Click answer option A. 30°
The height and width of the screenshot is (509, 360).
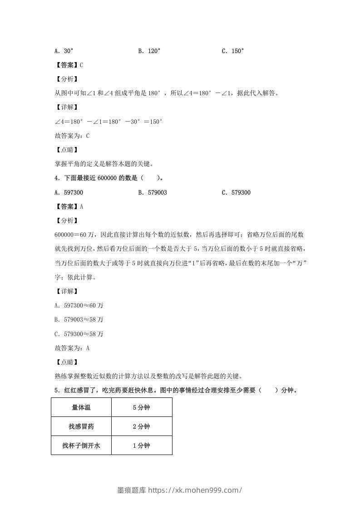pos(64,51)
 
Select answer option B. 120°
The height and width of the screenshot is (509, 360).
pos(149,51)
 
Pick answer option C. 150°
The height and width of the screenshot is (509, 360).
pos(233,51)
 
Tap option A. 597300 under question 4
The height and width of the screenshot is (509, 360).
pos(69,192)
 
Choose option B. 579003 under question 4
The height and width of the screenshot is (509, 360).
pos(153,192)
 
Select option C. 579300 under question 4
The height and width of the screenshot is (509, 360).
pos(236,192)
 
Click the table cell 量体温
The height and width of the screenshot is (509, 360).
pos(81,407)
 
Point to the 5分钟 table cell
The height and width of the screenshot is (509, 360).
pos(142,407)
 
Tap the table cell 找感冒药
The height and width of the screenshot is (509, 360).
pos(81,426)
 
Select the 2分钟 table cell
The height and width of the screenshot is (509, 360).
pos(142,426)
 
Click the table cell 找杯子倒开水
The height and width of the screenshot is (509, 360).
pos(81,445)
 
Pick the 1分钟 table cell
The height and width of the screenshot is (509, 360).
pos(142,445)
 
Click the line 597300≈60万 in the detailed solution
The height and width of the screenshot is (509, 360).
pos(79,305)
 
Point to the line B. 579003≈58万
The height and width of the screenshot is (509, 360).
pos(79,319)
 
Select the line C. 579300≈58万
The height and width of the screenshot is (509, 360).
pos(79,334)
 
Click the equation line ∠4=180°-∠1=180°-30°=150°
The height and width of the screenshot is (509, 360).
pos(108,122)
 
